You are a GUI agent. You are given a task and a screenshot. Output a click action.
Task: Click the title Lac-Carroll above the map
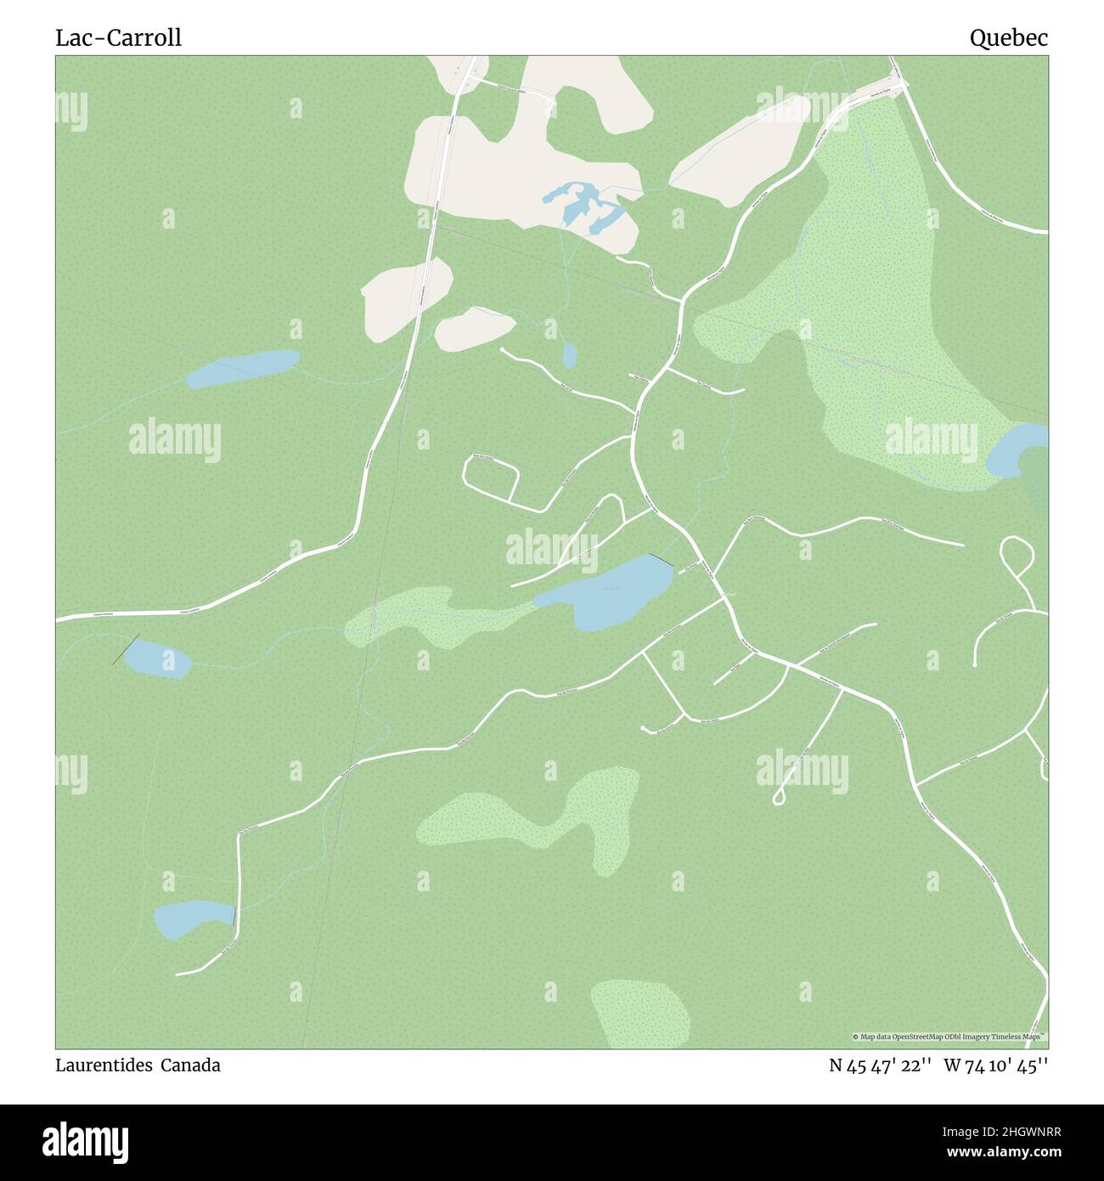(x=118, y=38)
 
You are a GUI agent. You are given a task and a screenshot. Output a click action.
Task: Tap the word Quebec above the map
(x=1009, y=38)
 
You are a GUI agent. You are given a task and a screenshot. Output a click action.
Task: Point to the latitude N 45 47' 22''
(x=881, y=1065)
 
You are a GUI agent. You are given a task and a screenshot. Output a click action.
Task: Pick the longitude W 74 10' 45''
(x=995, y=1065)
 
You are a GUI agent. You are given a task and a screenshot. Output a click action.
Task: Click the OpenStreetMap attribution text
(x=949, y=1037)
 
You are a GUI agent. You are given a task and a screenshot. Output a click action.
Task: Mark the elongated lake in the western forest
(x=242, y=368)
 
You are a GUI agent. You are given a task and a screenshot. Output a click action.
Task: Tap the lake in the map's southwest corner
(x=191, y=918)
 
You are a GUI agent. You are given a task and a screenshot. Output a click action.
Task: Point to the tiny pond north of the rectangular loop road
(x=569, y=355)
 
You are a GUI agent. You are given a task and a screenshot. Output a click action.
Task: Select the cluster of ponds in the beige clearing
(x=585, y=206)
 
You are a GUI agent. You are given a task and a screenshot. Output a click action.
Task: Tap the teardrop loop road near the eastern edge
(x=1017, y=557)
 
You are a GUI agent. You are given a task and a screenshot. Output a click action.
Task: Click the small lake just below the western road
(x=157, y=658)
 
